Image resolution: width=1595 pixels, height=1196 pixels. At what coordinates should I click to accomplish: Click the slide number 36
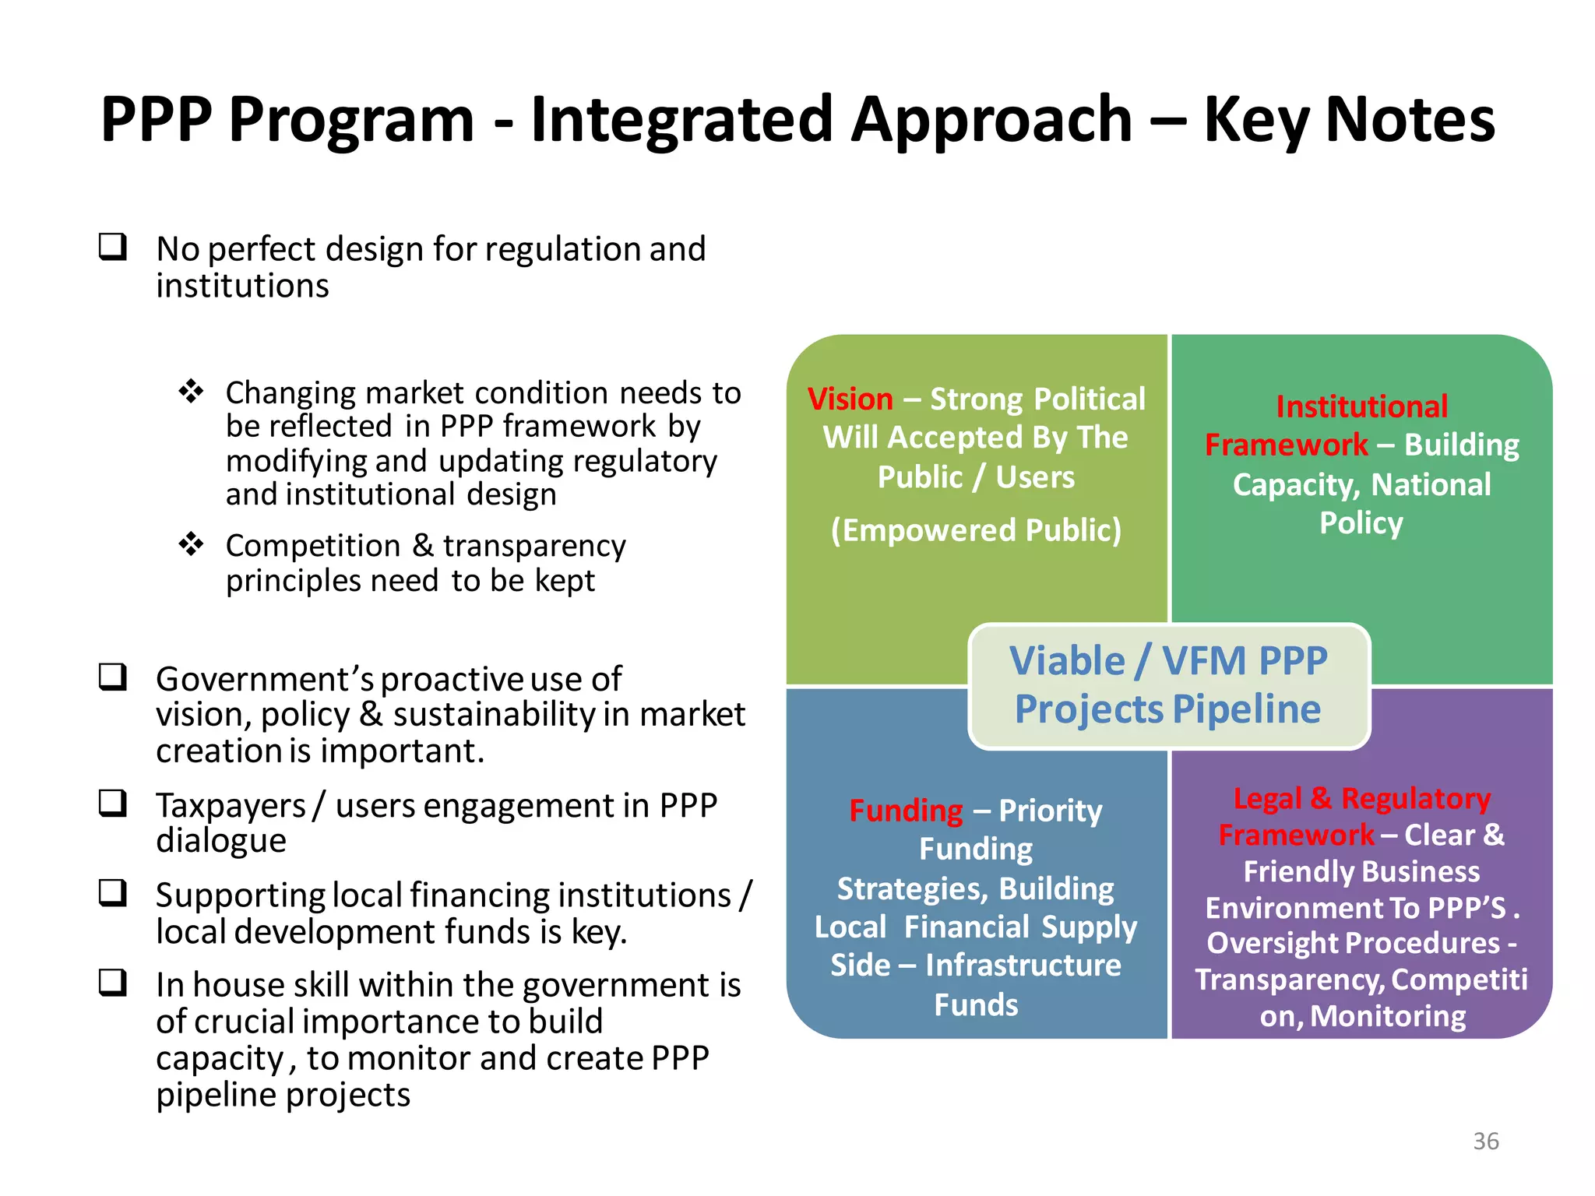1485,1141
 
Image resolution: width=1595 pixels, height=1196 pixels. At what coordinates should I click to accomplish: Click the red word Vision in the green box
850,399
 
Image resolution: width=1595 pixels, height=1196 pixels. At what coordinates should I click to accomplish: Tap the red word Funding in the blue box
906,811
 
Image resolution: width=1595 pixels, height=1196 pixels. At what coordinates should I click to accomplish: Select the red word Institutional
1361,406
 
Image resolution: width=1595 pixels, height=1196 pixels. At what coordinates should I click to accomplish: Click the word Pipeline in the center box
1246,709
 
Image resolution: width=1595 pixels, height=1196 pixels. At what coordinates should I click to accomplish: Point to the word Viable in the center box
1067,661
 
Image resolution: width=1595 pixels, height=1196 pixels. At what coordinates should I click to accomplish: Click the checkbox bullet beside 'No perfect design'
113,247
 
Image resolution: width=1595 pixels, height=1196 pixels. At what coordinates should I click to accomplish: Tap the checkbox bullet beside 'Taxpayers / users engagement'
113,803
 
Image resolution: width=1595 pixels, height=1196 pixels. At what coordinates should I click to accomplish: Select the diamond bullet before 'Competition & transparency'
191,543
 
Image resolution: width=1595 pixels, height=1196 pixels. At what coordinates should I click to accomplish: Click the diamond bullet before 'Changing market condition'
191,391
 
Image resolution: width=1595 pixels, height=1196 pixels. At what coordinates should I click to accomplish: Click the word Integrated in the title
682,119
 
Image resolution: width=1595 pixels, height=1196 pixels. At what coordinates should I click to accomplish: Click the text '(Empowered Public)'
976,530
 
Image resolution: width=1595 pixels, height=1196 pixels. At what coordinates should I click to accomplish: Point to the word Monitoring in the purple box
1388,1016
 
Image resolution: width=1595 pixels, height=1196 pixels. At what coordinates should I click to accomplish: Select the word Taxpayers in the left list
231,806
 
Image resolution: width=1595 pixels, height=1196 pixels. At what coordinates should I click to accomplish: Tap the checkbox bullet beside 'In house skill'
113,982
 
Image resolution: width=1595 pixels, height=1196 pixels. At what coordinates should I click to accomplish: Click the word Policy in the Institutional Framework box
1361,523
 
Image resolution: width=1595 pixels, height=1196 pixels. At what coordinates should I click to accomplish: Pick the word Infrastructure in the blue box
1023,966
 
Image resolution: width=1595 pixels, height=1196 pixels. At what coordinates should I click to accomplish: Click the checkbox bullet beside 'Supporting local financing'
113,892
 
